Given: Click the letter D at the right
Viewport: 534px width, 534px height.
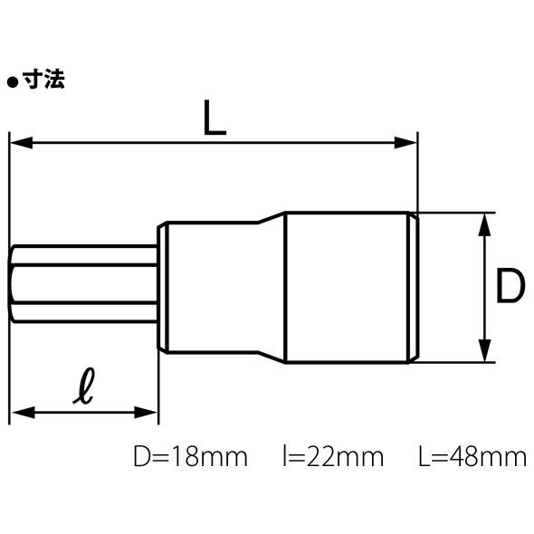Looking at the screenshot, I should pos(510,287).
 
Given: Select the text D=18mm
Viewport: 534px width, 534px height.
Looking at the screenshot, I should pos(189,456).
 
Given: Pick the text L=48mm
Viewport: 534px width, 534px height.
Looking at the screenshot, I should pos(472,456).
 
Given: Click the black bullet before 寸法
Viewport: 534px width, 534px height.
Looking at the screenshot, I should pos(13,81).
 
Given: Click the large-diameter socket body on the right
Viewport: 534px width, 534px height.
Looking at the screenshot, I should pos(348,287).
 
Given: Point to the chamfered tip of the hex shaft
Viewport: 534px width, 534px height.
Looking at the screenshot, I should pos(14,287).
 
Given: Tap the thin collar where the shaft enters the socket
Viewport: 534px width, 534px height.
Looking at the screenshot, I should pos(163,287).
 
